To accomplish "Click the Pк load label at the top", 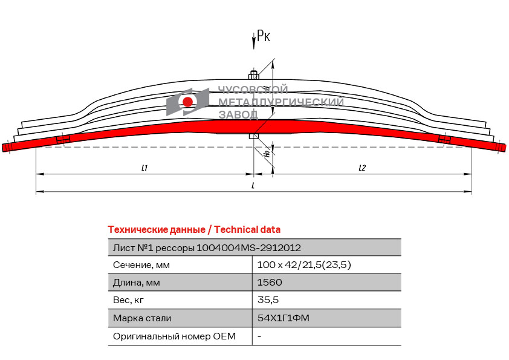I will (x=263, y=37).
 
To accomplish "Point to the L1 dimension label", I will (x=144, y=168).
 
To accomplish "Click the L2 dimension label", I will (x=361, y=168).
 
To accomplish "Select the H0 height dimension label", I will (x=267, y=154).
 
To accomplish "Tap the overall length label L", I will (x=253, y=186).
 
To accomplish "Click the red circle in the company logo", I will (x=188, y=101).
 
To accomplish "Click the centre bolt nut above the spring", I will (x=254, y=75).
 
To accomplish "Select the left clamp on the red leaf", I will (x=63, y=140).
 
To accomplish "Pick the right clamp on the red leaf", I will (x=444, y=140).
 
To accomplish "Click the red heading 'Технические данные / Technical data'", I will (x=194, y=230).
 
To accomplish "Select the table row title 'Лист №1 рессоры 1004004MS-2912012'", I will (x=207, y=247).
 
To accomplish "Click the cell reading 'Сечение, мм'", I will (x=141, y=265).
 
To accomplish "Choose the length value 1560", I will (x=270, y=283).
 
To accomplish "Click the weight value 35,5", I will (x=268, y=300).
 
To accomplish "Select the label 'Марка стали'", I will (x=142, y=318).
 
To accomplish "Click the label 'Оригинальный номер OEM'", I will (x=174, y=336).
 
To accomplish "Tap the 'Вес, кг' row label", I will (x=129, y=300).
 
